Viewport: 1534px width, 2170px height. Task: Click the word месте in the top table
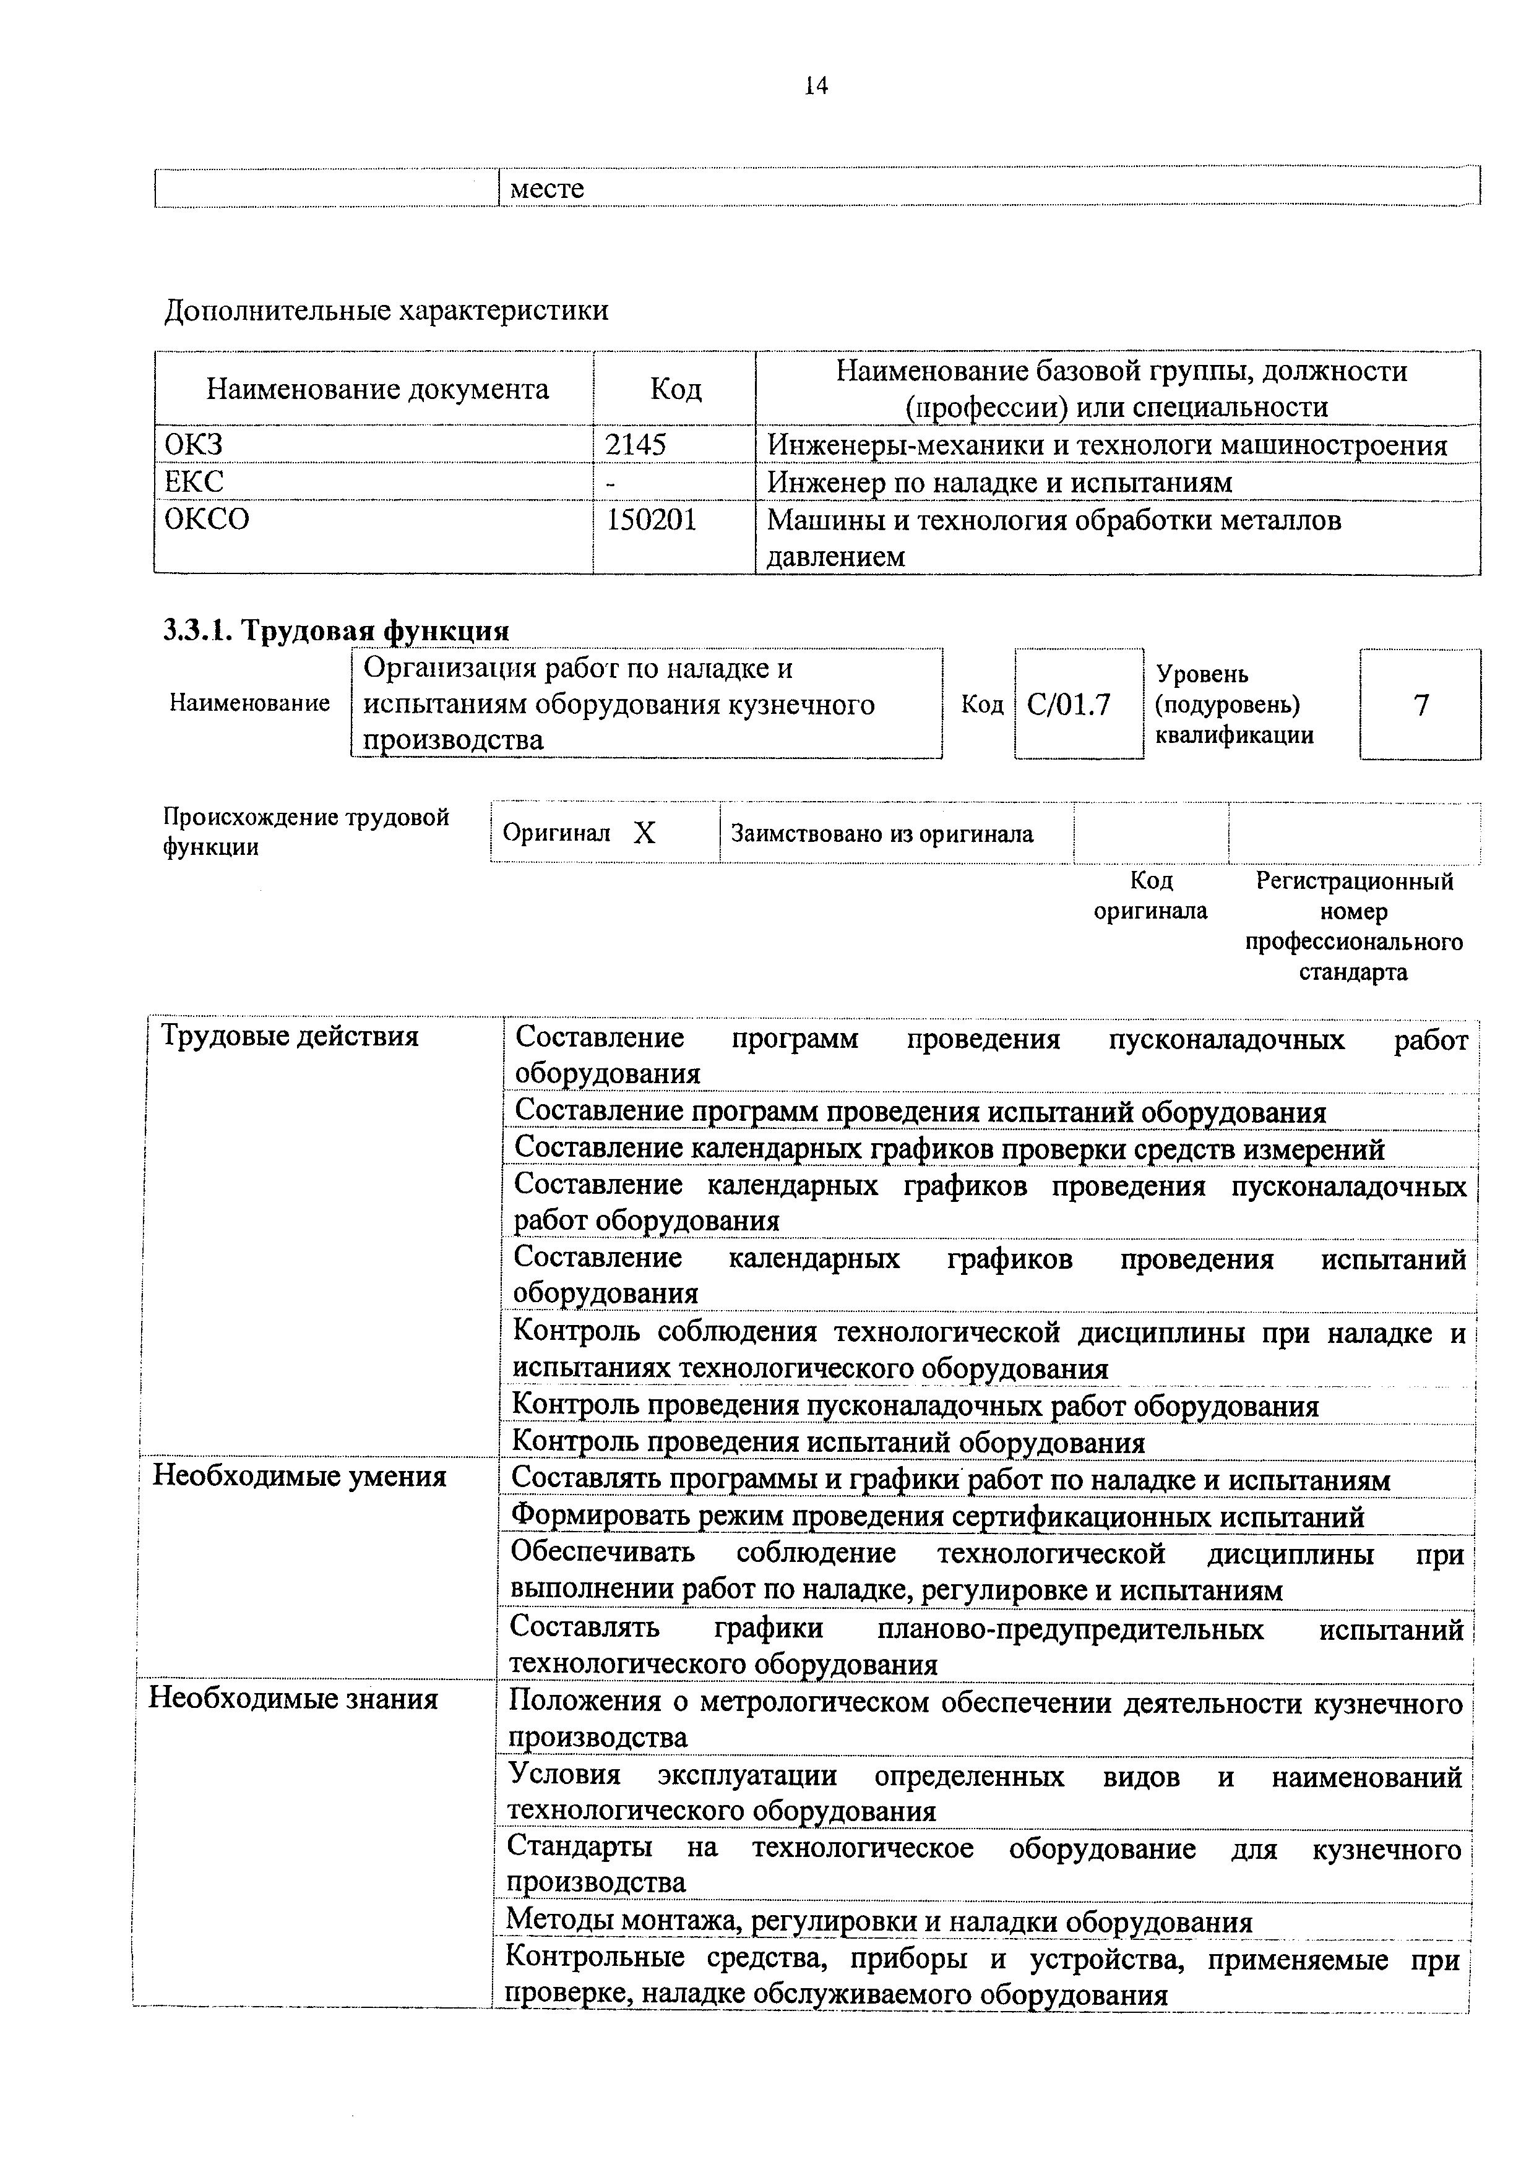click(x=546, y=188)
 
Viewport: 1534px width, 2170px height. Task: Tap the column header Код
click(x=675, y=389)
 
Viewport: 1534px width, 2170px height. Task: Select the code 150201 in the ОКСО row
click(x=650, y=520)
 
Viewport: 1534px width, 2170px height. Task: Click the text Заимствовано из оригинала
click(x=882, y=834)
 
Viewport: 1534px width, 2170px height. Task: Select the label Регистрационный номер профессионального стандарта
click(x=1353, y=926)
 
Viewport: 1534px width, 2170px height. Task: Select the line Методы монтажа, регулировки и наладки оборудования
click(x=879, y=1923)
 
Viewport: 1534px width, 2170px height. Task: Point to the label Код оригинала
click(x=1150, y=896)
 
